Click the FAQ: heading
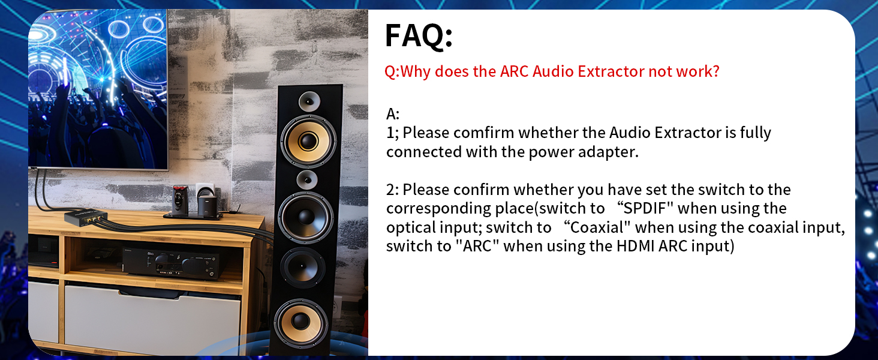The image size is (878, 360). [418, 35]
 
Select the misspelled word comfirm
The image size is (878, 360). [484, 133]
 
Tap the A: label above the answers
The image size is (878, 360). [393, 113]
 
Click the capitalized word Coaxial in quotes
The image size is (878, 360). [599, 227]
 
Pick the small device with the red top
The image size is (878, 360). [178, 199]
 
